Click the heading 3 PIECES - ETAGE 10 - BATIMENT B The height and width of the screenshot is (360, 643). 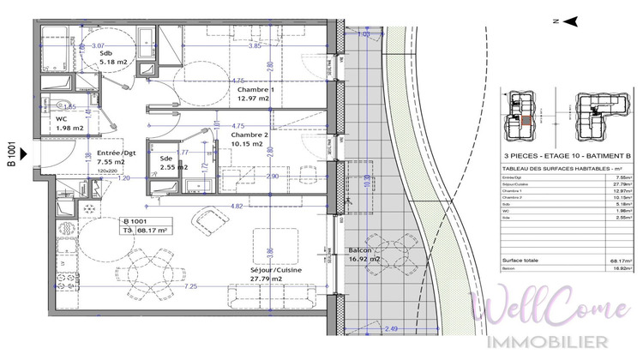tap(568, 155)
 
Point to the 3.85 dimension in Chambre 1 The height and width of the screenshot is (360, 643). tap(254, 45)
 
